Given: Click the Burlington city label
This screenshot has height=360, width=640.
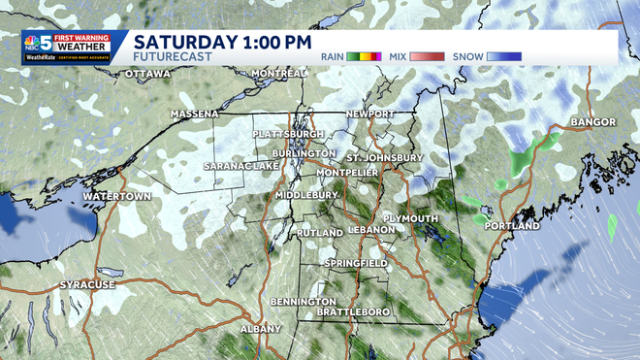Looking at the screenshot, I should tap(304, 153).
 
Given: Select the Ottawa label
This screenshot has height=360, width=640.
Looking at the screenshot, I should tap(147, 74).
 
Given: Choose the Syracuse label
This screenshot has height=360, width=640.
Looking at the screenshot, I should tap(87, 284).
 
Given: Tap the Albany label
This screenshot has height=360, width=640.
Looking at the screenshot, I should tap(260, 329).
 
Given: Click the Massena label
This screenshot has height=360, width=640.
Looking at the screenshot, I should tap(195, 114).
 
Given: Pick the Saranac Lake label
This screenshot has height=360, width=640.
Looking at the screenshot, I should tap(240, 166).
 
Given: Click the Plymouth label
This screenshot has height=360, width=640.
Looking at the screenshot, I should tap(411, 218).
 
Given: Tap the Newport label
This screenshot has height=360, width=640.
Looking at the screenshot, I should tap(372, 115).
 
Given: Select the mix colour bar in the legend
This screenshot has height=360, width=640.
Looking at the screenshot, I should tap(428, 56).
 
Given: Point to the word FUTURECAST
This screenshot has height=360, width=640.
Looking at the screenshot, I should tap(168, 58).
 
